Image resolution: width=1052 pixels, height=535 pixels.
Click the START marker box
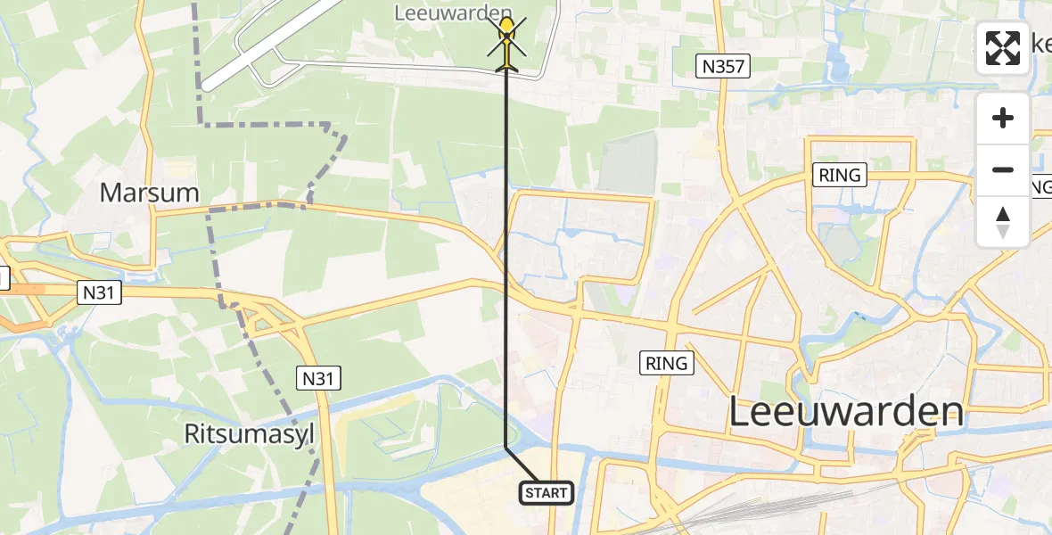pyautogui.click(x=546, y=492)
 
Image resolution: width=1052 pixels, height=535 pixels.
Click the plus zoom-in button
pyautogui.click(x=1003, y=119)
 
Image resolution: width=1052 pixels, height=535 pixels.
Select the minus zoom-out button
pyautogui.click(x=1003, y=169)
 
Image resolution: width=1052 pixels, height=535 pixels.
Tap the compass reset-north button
pyautogui.click(x=1003, y=221)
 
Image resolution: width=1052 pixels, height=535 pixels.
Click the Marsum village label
pyautogui.click(x=149, y=193)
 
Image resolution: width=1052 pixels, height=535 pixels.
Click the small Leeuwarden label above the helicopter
pyautogui.click(x=453, y=12)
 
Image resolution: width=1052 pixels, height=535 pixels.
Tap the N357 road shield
pyautogui.click(x=723, y=65)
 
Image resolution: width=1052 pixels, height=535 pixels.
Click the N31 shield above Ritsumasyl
pyautogui.click(x=318, y=379)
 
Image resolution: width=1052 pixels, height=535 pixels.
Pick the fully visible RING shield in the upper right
pyautogui.click(x=840, y=175)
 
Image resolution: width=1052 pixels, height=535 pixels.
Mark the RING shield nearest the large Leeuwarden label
pyautogui.click(x=667, y=363)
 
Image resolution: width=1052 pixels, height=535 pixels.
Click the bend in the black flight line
pyautogui.click(x=506, y=446)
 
